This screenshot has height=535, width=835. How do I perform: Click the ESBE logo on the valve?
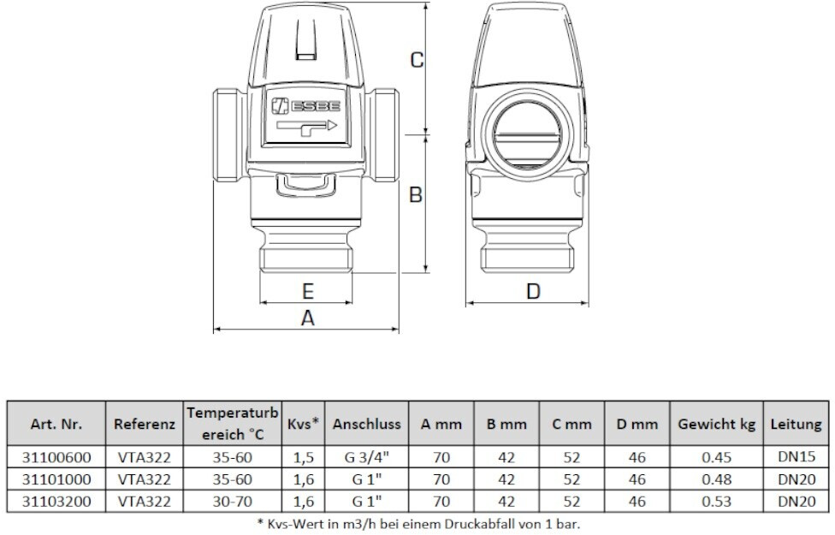(305, 106)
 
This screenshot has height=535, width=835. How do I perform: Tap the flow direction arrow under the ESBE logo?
(306, 129)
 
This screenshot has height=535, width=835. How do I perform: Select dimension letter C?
(417, 60)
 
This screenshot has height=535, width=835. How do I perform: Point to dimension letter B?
(416, 195)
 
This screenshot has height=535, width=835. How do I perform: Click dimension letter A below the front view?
(307, 318)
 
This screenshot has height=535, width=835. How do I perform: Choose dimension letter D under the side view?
(533, 292)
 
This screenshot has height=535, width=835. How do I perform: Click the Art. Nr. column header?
(56, 424)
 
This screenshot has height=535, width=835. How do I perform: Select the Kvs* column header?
(304, 424)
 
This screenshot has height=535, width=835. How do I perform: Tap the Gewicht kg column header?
(717, 424)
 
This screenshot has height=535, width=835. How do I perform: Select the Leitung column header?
(797, 424)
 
